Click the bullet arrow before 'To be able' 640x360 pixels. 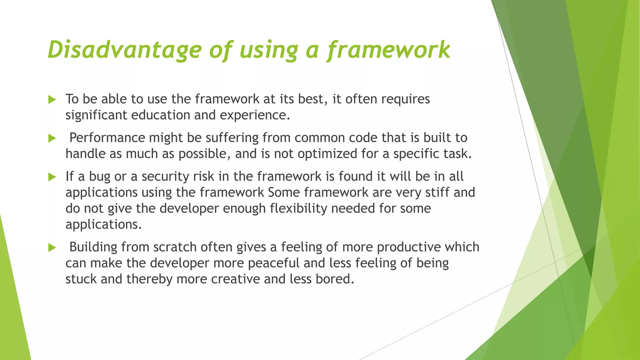pyautogui.click(x=52, y=100)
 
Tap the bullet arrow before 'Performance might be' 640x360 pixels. pyautogui.click(x=52, y=138)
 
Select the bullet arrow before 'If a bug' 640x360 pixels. pyautogui.click(x=52, y=177)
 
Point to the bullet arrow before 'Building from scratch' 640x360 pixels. pyautogui.click(x=52, y=248)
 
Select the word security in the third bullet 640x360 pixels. pyautogui.click(x=165, y=177)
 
